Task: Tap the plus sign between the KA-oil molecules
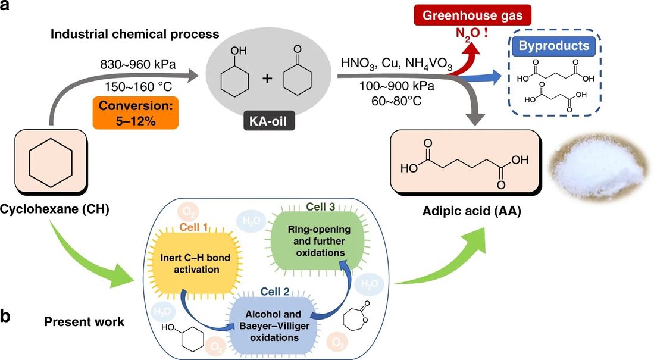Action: click(x=267, y=78)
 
